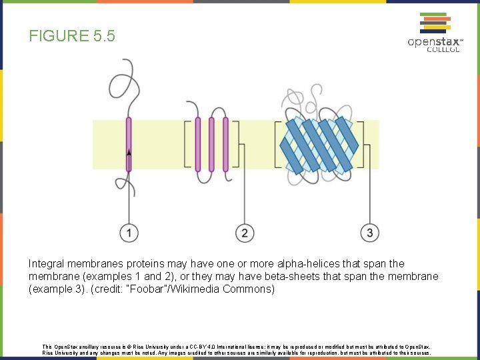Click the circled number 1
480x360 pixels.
click(129, 233)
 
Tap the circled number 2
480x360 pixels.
click(245, 233)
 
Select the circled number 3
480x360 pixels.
click(369, 233)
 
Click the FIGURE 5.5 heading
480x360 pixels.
click(72, 36)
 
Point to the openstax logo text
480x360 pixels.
click(434, 42)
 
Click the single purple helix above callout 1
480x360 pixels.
click(129, 143)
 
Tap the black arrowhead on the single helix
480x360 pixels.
click(129, 151)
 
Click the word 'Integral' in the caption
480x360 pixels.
click(46, 264)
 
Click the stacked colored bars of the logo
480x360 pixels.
click(433, 23)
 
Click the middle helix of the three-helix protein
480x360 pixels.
click(211, 144)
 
